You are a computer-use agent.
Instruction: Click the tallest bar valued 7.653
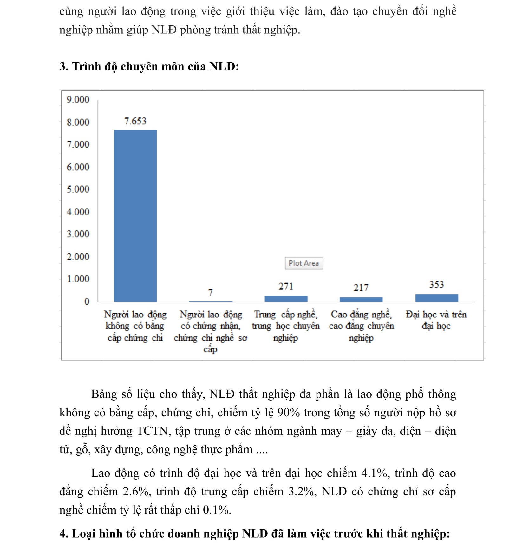pyautogui.click(x=135, y=216)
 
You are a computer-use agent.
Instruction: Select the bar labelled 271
pyautogui.click(x=286, y=299)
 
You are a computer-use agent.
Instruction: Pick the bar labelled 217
pyautogui.click(x=361, y=299)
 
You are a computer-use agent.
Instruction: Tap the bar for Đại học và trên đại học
pyautogui.click(x=436, y=298)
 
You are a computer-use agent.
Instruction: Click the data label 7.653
pyautogui.click(x=135, y=121)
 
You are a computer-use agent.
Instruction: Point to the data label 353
pyautogui.click(x=436, y=284)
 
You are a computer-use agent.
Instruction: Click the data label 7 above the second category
pyautogui.click(x=210, y=293)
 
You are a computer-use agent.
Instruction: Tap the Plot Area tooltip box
pyautogui.click(x=304, y=263)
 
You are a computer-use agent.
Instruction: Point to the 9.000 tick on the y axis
pyautogui.click(x=78, y=100)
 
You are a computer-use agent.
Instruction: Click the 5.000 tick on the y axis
pyautogui.click(x=78, y=189)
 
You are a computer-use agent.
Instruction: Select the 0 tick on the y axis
pyautogui.click(x=87, y=302)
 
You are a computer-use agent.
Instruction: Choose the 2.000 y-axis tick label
pyautogui.click(x=78, y=256)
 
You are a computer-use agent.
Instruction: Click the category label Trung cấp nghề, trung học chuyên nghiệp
pyautogui.click(x=286, y=326)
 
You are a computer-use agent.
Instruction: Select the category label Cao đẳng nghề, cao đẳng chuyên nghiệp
pyautogui.click(x=361, y=326)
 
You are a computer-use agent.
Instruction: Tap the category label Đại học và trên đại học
pyautogui.click(x=436, y=320)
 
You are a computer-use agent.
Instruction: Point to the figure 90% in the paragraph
pyautogui.click(x=288, y=413)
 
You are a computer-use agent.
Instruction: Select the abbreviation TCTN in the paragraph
pyautogui.click(x=152, y=431)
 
